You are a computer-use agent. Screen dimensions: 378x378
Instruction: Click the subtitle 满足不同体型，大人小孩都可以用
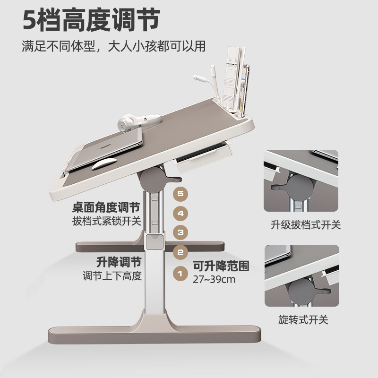113,47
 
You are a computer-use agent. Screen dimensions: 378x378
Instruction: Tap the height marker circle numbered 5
180,193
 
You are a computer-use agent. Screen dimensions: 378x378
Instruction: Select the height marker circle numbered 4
180,213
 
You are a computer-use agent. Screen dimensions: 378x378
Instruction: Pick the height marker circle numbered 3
180,232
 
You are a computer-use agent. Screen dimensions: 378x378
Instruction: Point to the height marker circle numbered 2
180,252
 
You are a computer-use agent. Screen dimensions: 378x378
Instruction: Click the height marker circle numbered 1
180,273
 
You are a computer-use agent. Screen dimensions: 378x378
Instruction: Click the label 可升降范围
221,266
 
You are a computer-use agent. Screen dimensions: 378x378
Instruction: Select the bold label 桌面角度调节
106,207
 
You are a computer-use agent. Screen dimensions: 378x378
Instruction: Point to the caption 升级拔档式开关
303,225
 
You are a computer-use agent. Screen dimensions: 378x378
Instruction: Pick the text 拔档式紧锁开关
106,221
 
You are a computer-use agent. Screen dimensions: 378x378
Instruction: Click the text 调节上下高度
112,275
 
